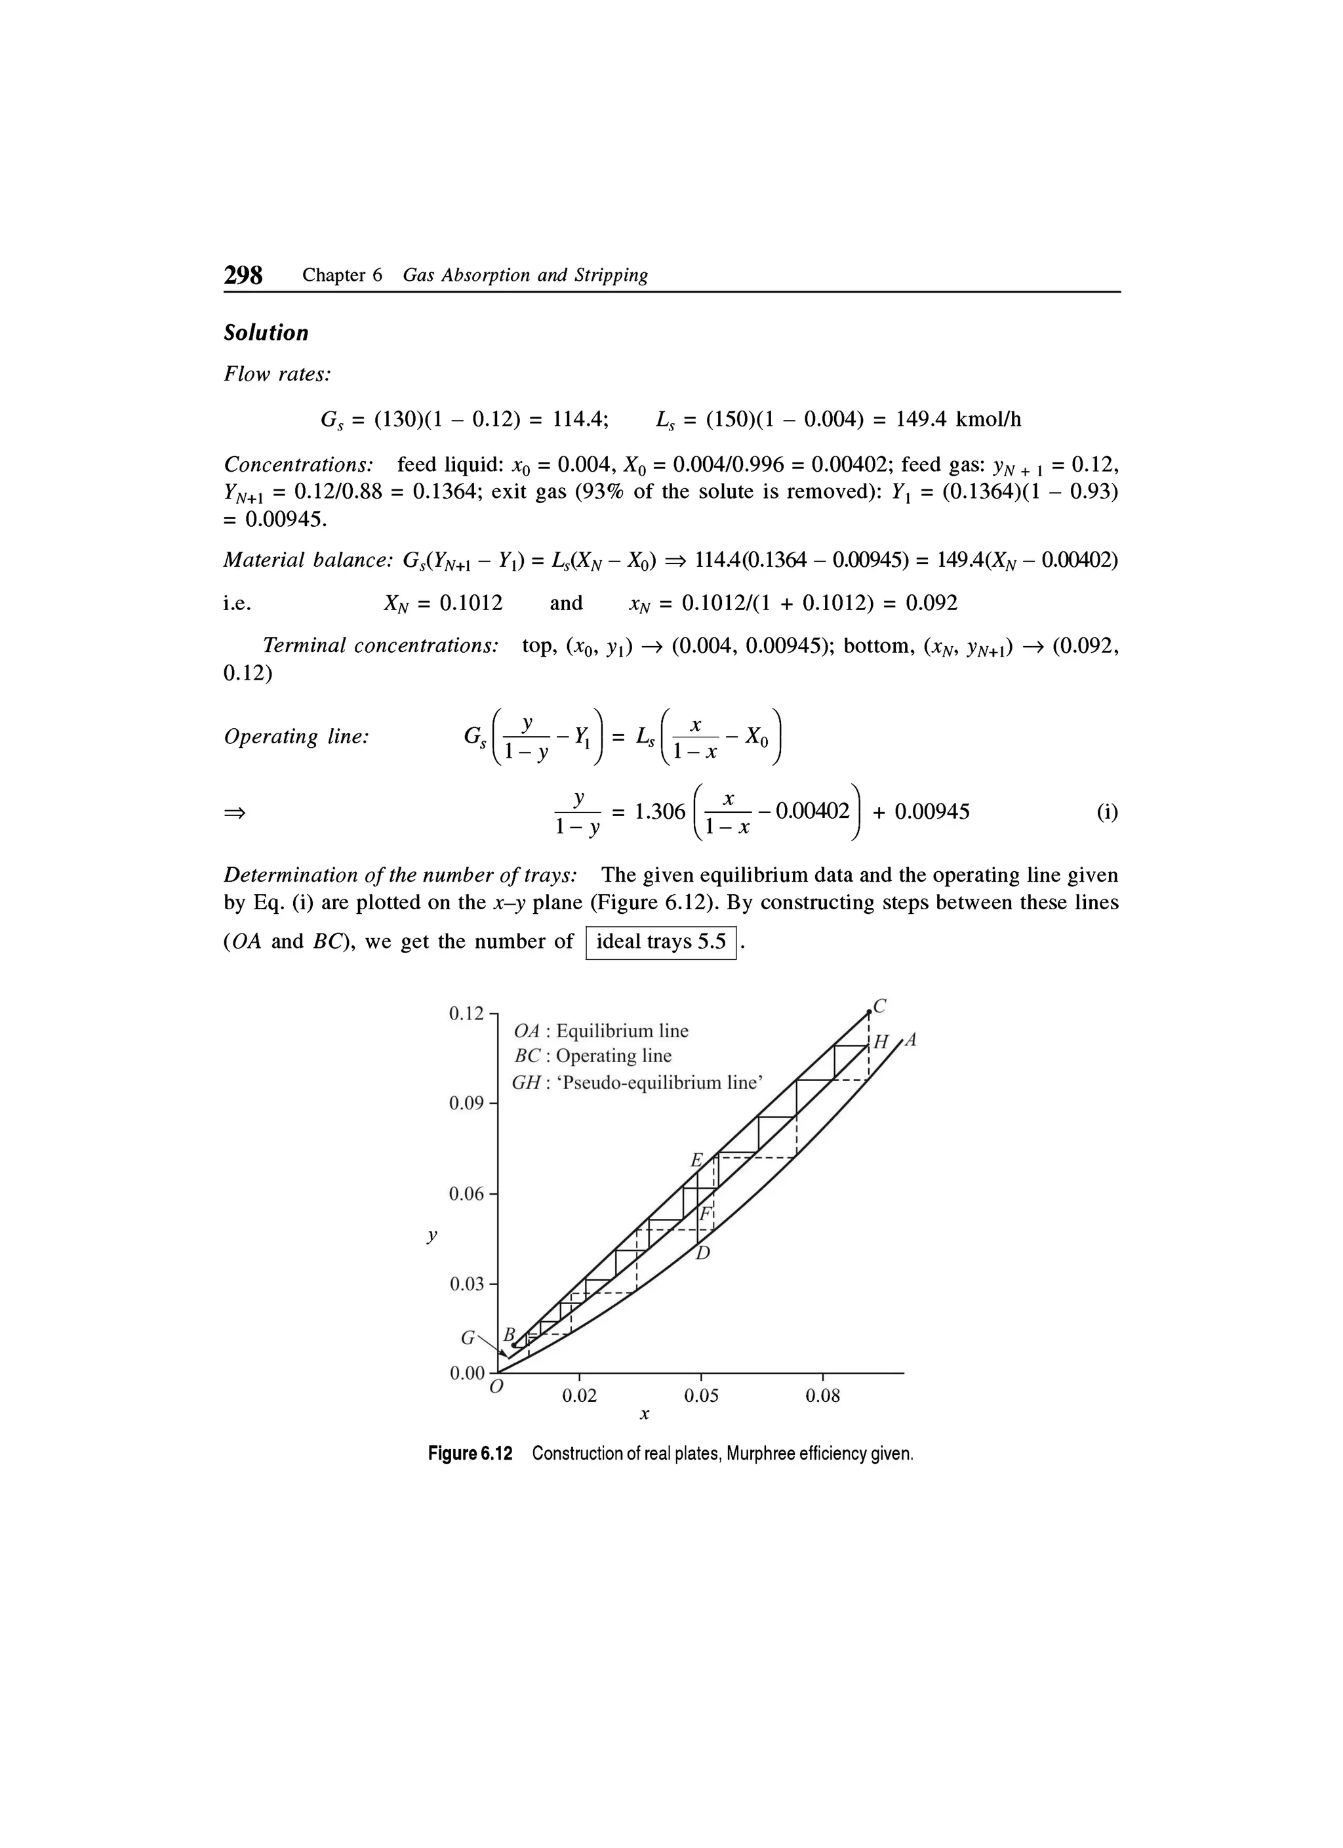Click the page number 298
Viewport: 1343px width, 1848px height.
(x=243, y=276)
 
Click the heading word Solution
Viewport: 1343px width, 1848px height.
(x=266, y=333)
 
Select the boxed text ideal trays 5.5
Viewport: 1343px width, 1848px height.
(x=660, y=942)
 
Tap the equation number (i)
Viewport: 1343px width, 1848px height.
(x=1106, y=811)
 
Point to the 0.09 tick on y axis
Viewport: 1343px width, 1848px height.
(x=468, y=1103)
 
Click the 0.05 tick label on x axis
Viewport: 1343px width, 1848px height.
(x=701, y=1396)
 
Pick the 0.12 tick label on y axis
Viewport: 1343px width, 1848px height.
(x=467, y=1014)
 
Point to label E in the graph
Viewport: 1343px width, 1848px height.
(x=696, y=1159)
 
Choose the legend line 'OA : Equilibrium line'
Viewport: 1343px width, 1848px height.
(x=602, y=1031)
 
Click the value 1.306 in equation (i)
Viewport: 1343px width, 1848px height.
(x=660, y=811)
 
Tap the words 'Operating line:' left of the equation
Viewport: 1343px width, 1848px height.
(x=296, y=737)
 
